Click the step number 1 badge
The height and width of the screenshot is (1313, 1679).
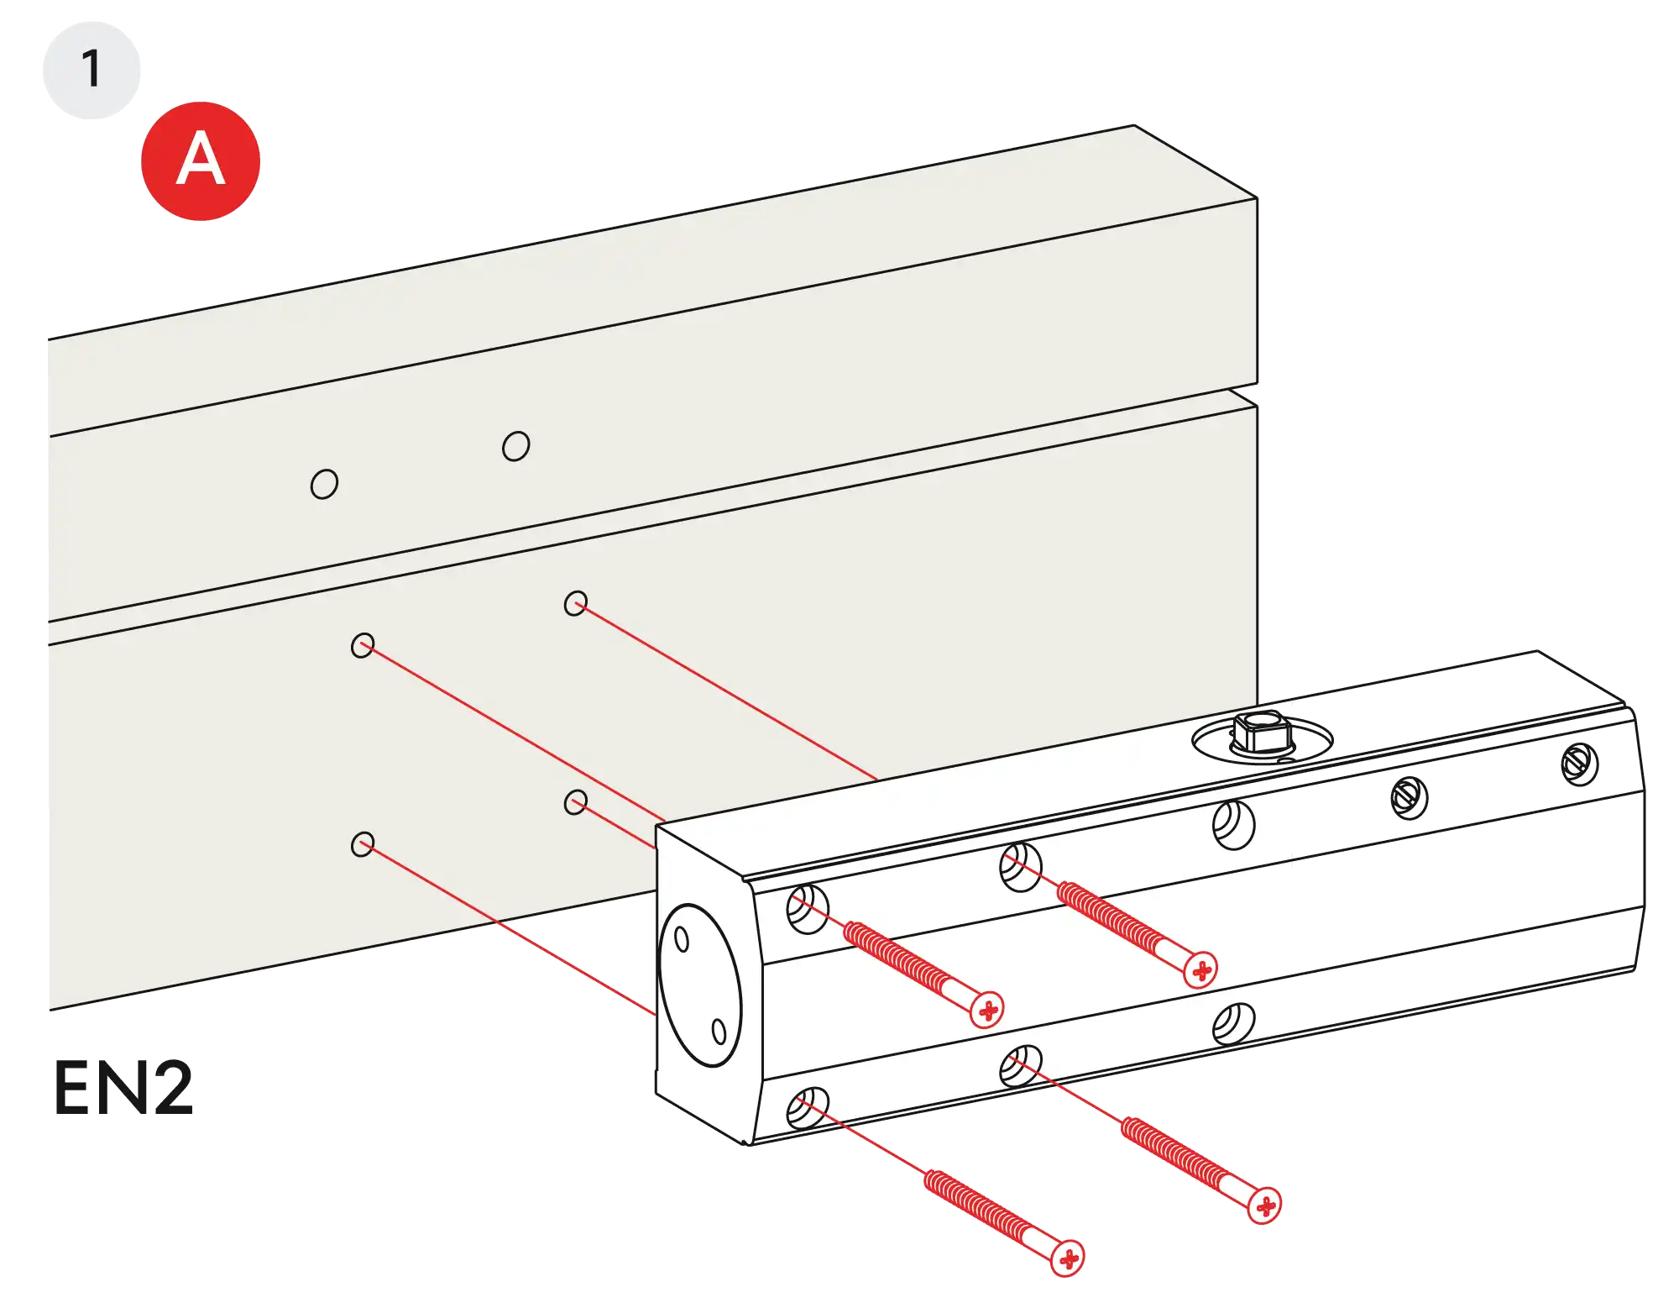91,69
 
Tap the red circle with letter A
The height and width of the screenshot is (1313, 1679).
201,160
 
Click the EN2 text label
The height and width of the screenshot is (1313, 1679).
123,1087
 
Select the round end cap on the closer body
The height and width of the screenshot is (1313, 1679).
701,985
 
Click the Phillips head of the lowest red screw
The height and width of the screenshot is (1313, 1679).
1068,1258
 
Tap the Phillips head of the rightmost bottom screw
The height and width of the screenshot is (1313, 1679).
1264,1206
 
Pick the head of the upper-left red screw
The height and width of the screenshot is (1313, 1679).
988,1009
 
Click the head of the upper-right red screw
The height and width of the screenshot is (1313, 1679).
1201,970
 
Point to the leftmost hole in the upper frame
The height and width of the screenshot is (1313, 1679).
324,484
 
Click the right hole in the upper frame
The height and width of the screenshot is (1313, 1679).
515,446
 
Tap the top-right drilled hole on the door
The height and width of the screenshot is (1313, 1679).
575,603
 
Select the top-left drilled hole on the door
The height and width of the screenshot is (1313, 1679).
363,645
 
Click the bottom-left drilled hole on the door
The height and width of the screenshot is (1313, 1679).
363,844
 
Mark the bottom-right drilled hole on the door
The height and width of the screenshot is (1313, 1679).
575,802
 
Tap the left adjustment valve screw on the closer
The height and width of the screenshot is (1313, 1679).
1410,796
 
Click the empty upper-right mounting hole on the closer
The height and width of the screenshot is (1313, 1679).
1233,824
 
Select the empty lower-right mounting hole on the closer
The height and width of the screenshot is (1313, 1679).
1233,1023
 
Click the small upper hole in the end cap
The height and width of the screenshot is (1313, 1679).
682,939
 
